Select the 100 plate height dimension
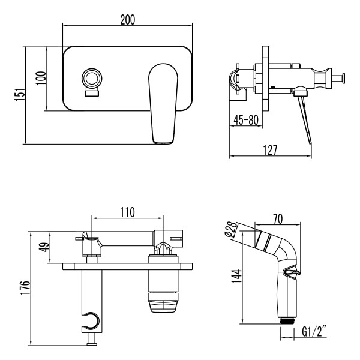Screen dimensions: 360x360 coord(40,78)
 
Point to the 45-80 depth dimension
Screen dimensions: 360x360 coord(246,119)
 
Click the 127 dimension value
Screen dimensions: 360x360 coord(269,150)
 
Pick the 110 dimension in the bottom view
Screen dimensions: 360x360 coord(127,212)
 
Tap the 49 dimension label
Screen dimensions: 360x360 coord(43,247)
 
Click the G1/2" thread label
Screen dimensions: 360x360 coord(314,331)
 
